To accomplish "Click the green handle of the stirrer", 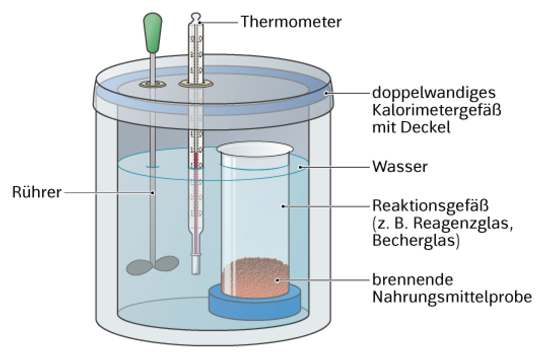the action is (153, 32).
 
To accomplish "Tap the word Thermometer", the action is (291, 21).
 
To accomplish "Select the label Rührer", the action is (37, 192).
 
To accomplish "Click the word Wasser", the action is (400, 167).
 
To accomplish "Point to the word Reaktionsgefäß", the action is (431, 205).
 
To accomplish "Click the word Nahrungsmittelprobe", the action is (452, 297).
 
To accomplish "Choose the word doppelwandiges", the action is (434, 93).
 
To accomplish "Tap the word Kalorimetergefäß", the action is (437, 110).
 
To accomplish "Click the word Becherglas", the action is (414, 240).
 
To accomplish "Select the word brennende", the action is (413, 279).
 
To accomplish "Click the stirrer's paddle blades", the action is (153, 266).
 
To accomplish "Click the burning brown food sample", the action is (255, 278).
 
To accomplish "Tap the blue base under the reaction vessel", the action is (255, 302).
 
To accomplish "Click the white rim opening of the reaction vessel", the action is (255, 149).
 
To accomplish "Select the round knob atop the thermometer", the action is (196, 17).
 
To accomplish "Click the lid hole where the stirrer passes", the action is (153, 84).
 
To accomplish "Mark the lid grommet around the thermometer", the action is (196, 83).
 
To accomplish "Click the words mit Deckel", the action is (412, 127).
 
